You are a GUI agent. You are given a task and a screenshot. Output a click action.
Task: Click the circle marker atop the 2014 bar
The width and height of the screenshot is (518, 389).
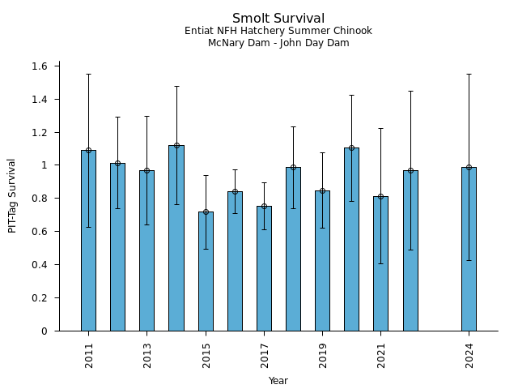[x=176, y=146]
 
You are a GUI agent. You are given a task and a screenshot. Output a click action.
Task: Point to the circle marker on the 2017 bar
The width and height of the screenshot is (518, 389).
[x=264, y=207]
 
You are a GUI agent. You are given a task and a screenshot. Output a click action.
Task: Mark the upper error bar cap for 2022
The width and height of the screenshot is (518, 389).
[x=410, y=91]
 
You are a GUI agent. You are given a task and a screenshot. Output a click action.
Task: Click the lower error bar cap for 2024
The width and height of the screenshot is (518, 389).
[x=469, y=260]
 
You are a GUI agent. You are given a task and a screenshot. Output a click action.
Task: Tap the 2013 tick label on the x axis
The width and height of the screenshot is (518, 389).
[x=147, y=356]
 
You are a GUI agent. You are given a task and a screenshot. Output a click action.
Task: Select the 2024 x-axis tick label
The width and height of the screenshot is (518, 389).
[x=469, y=356]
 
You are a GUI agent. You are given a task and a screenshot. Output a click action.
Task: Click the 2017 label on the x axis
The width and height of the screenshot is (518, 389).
[x=264, y=356]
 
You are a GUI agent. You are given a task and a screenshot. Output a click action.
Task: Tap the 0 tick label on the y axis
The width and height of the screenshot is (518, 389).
[x=45, y=331]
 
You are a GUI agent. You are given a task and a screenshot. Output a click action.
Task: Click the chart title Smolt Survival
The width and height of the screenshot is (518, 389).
[x=278, y=19]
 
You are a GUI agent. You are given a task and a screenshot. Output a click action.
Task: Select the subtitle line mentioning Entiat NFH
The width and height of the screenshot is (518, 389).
[x=278, y=32]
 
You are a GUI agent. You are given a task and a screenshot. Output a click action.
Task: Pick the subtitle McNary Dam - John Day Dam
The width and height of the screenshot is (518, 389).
[x=278, y=43]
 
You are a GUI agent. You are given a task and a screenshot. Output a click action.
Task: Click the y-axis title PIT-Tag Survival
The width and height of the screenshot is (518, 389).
[x=13, y=196]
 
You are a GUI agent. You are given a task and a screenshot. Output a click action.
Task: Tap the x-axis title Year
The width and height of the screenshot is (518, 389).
[x=278, y=381]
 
